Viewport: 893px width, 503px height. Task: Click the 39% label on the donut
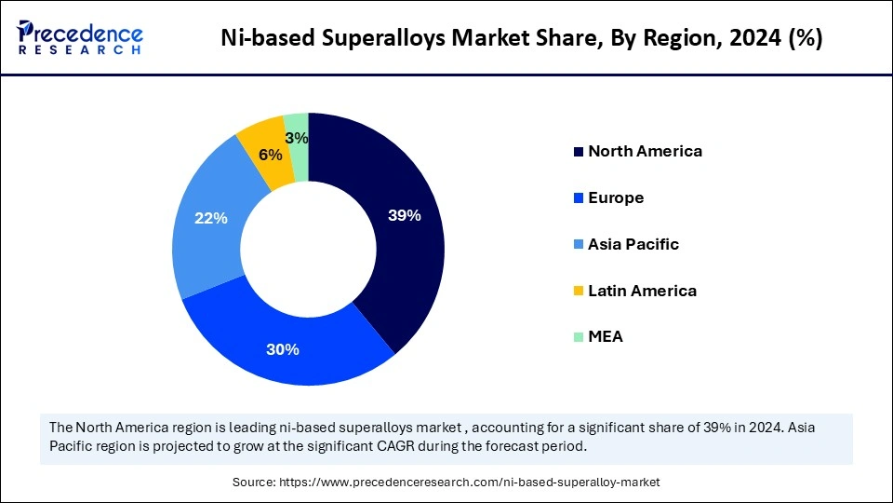[405, 215]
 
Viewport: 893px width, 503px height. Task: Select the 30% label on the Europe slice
[283, 349]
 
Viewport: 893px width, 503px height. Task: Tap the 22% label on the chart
[211, 218]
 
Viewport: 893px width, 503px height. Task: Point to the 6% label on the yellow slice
[270, 156]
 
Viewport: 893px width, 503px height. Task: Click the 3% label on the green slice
[298, 138]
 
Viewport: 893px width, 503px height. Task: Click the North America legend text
[645, 151]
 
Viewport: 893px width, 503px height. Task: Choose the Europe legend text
[616, 197]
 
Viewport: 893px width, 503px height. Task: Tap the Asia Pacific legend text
[633, 244]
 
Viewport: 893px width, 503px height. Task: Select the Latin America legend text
[642, 291]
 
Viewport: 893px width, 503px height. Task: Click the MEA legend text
[606, 337]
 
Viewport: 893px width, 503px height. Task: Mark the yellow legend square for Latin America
[579, 292]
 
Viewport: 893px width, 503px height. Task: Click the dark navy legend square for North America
[579, 152]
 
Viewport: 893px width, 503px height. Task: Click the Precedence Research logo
[79, 37]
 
